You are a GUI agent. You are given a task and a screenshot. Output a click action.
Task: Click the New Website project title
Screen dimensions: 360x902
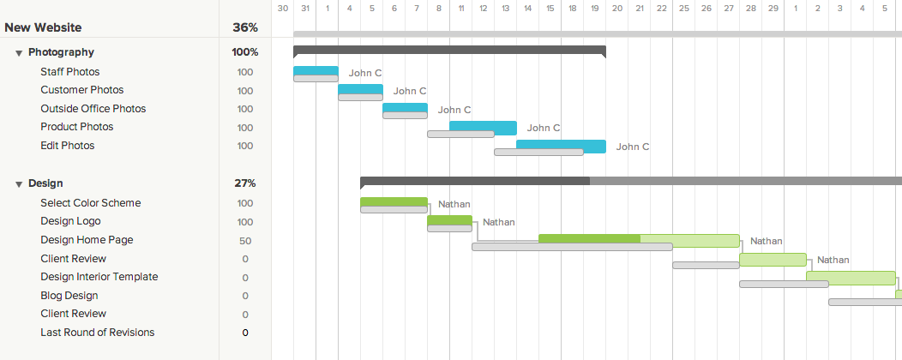coord(43,27)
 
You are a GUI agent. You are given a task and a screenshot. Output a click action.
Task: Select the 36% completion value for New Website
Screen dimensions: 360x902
coord(245,27)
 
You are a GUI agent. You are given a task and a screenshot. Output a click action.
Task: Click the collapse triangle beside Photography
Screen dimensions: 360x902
coord(19,53)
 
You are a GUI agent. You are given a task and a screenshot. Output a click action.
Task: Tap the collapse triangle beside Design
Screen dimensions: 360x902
coord(19,183)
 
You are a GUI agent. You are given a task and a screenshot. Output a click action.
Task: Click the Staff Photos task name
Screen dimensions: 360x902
coord(69,72)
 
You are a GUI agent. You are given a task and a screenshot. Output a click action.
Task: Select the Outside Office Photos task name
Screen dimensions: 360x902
coord(93,109)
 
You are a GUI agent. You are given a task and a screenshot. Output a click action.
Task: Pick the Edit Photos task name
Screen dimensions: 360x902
coord(67,146)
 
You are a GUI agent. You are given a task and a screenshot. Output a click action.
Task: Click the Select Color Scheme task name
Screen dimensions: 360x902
coord(90,203)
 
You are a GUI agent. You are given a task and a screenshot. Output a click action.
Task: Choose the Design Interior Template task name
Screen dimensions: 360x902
coord(99,277)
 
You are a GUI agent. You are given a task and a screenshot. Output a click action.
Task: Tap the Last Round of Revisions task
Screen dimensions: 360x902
coord(97,333)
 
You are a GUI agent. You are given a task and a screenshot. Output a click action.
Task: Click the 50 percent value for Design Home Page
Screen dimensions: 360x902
coord(245,241)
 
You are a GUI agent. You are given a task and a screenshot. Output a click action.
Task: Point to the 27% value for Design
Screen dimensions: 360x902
coord(245,183)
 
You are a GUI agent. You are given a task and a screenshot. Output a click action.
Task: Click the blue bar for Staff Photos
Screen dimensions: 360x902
coord(316,70)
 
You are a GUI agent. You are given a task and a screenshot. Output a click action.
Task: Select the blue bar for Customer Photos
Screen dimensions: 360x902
coord(360,89)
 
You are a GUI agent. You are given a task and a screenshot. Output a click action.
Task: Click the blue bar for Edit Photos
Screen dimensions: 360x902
coord(561,144)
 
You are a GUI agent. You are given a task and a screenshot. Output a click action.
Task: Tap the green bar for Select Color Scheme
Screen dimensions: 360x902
coord(394,201)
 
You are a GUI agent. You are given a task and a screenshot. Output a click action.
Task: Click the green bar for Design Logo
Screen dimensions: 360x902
coord(449,220)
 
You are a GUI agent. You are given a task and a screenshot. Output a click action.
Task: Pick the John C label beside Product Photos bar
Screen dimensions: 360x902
coord(544,129)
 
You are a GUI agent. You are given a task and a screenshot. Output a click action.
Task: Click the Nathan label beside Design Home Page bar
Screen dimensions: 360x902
coord(766,242)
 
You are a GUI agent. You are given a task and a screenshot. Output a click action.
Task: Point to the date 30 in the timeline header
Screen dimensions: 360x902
coord(282,8)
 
